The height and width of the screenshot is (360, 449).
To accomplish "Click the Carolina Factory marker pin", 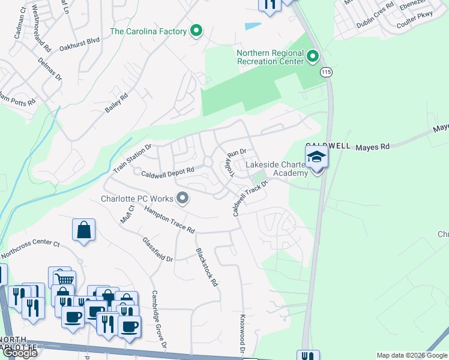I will point(196,31).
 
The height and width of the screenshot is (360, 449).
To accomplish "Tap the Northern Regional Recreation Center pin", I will point(312,57).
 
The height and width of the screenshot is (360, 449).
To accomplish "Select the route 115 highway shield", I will point(326,72).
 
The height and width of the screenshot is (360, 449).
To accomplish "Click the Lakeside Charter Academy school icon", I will point(316,159).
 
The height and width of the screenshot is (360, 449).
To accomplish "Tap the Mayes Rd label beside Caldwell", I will point(372,146).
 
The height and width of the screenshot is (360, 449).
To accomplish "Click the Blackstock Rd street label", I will point(206,268).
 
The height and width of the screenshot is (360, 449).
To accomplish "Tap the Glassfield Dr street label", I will point(158,250).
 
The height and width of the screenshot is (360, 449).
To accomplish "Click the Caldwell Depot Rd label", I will point(167,173).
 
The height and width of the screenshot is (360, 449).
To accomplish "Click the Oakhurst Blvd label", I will point(80,42).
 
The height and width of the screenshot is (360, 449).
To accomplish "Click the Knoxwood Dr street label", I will point(243,334).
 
